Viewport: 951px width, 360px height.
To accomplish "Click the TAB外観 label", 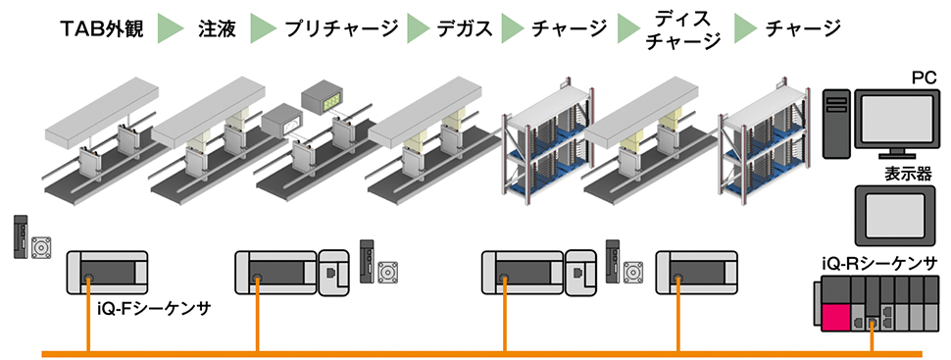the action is click(102, 28).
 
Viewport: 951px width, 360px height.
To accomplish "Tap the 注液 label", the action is click(217, 28).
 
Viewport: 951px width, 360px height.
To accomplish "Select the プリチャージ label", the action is click(341, 28).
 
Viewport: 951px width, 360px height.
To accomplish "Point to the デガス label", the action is click(465, 28).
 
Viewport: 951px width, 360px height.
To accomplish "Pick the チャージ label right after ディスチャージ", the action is click(803, 28).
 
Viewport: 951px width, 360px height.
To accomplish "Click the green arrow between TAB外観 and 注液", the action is click(171, 28).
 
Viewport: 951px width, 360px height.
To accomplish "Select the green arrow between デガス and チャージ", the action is click(513, 28).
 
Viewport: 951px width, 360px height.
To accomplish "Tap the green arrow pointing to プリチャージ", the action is click(263, 28).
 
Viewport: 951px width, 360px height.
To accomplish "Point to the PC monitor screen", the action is click(898, 119).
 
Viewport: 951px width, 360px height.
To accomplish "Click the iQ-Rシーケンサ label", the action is click(879, 264).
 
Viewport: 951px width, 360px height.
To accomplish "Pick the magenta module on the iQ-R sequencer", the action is click(835, 316).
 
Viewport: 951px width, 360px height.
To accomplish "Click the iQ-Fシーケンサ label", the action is click(154, 310).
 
